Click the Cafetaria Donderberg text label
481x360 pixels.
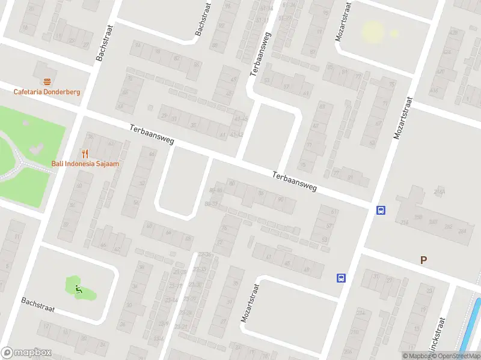[x=47, y=92]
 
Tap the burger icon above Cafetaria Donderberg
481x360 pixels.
[x=47, y=81]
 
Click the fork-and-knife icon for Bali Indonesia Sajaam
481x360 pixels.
[x=85, y=153]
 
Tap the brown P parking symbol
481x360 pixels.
[x=424, y=260]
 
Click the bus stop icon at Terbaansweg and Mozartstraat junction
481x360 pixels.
[x=381, y=210]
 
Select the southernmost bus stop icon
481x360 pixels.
[x=341, y=278]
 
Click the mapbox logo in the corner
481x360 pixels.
[x=25, y=353]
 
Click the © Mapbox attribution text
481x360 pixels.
[x=414, y=356]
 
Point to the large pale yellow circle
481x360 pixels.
[x=372, y=31]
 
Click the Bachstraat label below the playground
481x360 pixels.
[x=38, y=305]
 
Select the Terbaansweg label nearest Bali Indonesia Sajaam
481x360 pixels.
[x=152, y=135]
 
